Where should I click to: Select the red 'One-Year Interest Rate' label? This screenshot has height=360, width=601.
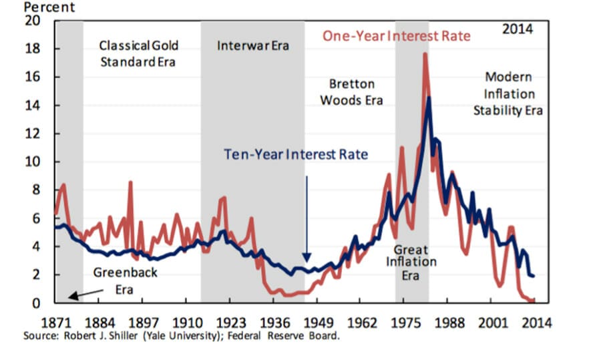tap(397, 36)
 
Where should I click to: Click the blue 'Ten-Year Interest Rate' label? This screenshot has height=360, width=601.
tap(296, 154)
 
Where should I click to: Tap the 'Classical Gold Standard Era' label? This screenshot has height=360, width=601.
tap(139, 54)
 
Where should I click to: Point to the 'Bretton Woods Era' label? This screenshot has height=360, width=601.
tap(352, 92)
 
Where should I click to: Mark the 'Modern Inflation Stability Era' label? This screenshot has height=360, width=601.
tap(508, 94)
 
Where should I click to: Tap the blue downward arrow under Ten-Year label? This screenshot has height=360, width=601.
tap(307, 220)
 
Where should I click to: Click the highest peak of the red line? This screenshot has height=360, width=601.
tap(425, 54)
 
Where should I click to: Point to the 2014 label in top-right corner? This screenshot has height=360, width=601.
tap(518, 29)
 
